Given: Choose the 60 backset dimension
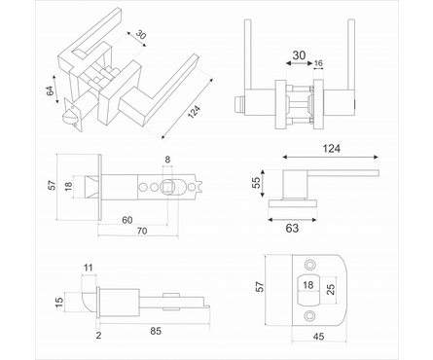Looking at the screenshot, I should click(128, 221).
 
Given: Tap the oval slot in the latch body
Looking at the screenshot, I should click(167, 186).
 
